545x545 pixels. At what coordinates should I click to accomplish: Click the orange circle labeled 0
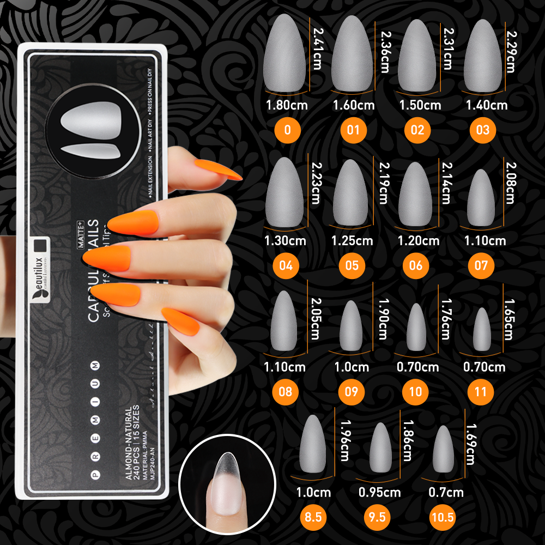(287, 130)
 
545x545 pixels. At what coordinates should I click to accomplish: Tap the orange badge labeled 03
(482, 130)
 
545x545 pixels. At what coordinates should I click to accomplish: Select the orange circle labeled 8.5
(313, 517)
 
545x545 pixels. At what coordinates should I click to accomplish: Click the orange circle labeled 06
(416, 265)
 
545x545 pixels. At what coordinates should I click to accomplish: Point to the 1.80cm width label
(287, 104)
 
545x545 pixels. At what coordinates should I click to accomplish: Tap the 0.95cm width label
(379, 493)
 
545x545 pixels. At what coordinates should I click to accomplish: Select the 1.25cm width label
(352, 240)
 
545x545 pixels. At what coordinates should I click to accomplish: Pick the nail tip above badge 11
(481, 331)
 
